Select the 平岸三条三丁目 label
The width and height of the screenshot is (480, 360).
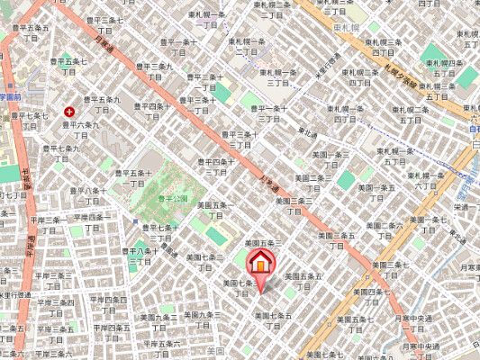point(55,280)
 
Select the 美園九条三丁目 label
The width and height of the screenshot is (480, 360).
point(199,319)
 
